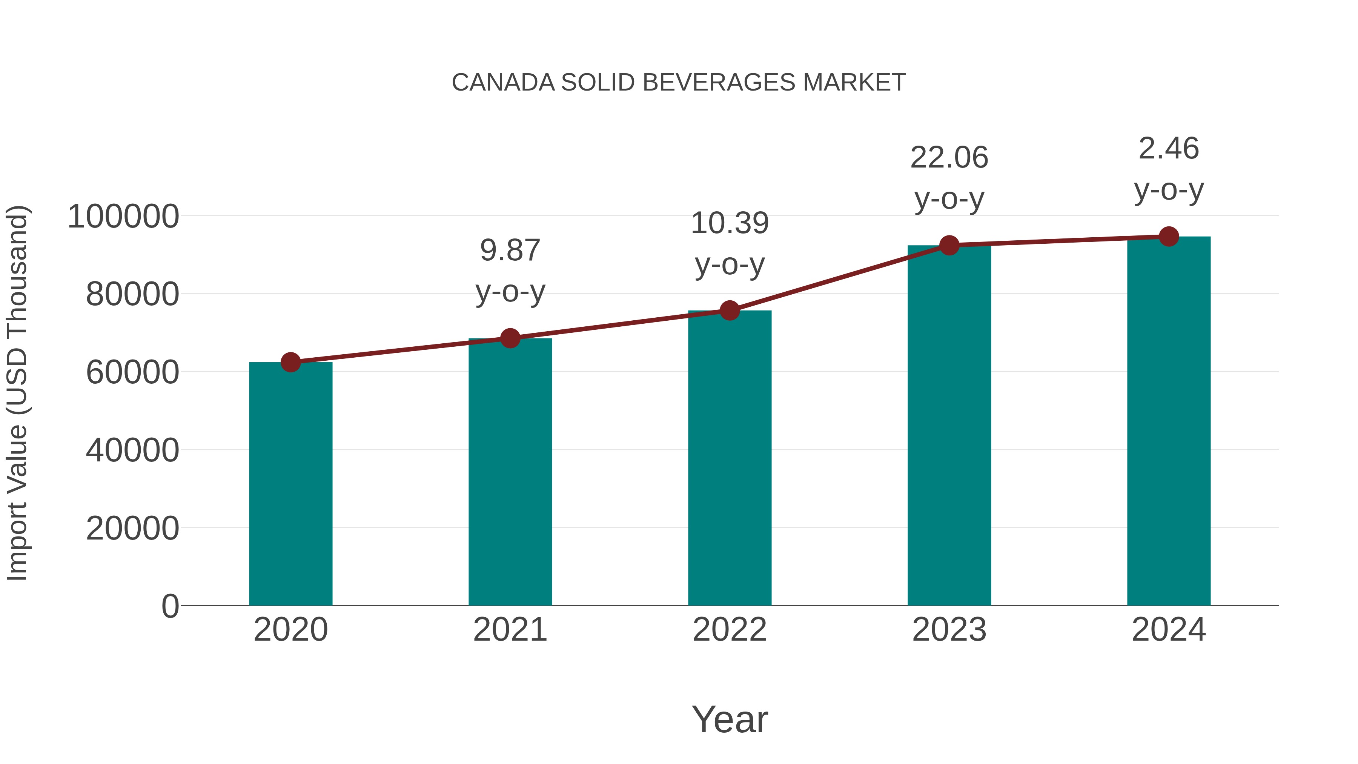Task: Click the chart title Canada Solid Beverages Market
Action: (x=679, y=83)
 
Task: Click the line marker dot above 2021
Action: (x=510, y=338)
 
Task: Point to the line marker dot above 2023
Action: (x=949, y=245)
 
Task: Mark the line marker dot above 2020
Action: (x=290, y=362)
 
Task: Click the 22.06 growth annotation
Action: (x=949, y=158)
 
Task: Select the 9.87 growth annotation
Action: (x=510, y=251)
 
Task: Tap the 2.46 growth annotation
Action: (x=1169, y=149)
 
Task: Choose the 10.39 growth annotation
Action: (x=730, y=223)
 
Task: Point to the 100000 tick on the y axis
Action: (x=123, y=216)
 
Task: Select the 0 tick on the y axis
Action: (x=170, y=606)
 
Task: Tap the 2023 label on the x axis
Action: (x=949, y=630)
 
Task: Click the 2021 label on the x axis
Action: (x=510, y=630)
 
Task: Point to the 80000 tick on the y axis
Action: (x=132, y=294)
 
